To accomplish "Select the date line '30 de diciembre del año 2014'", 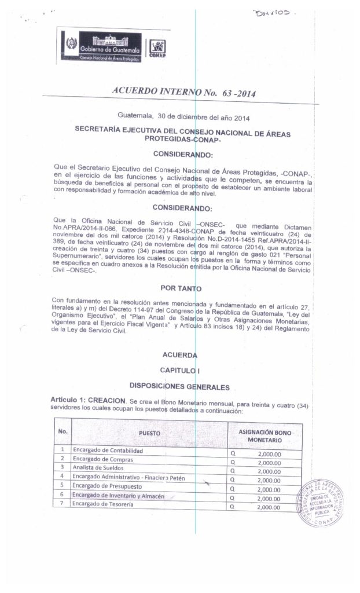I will tap(183, 119).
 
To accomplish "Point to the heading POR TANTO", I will tap(179, 287).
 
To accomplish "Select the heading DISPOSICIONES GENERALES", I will tap(179, 386).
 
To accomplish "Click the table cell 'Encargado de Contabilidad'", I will tap(108, 450).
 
